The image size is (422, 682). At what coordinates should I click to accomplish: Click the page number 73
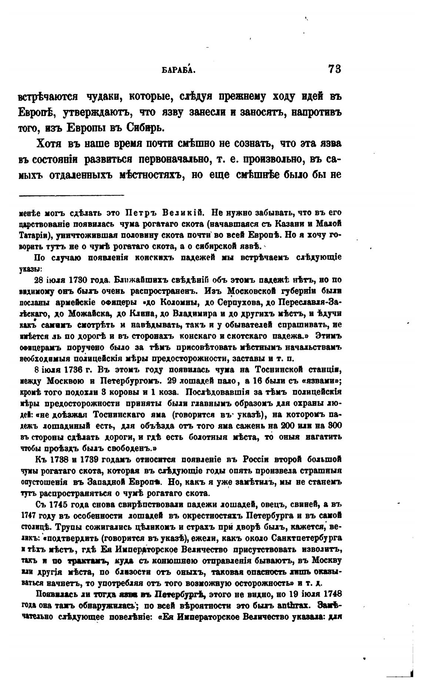[x=334, y=69]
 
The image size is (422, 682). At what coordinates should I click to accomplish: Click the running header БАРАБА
[x=179, y=70]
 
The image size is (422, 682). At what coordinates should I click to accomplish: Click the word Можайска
[x=91, y=313]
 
